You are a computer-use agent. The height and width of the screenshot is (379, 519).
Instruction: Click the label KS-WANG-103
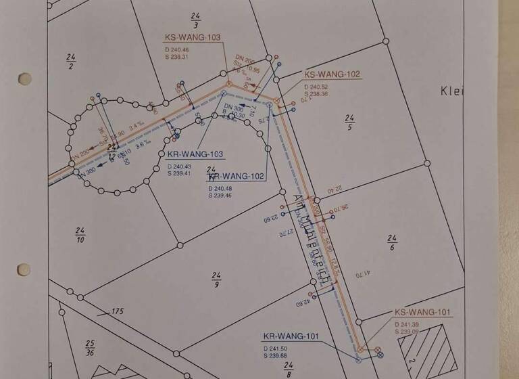tap(193, 37)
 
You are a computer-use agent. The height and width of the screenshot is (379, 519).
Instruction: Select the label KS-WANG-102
tap(332, 74)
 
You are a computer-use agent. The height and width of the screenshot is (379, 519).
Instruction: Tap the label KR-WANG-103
tap(195, 154)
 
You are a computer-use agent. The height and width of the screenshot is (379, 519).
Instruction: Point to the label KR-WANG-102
tap(236, 177)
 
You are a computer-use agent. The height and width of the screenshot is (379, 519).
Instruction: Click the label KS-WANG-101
tap(422, 313)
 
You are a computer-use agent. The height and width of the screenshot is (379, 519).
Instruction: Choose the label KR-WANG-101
tap(290, 336)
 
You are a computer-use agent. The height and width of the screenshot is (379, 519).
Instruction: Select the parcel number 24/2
tap(70, 61)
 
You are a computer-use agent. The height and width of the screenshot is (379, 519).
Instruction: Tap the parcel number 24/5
tap(349, 122)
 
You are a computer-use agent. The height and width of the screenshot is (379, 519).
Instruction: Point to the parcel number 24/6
tap(391, 242)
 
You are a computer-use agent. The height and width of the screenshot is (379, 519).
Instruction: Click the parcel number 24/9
tap(216, 280)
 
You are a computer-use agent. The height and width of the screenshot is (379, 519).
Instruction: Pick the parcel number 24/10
tap(80, 236)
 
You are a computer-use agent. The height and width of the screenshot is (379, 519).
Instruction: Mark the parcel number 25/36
tap(90, 348)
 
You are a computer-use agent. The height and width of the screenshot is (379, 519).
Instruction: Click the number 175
tap(118, 311)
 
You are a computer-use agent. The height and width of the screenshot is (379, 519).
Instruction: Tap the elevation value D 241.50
tap(278, 348)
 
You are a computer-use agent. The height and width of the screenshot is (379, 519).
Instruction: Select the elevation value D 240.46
tap(177, 49)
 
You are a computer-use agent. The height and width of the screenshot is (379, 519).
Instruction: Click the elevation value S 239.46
tap(222, 196)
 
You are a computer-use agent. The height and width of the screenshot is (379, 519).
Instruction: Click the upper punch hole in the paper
tap(24, 79)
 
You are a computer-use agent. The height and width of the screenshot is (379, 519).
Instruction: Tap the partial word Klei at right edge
tap(451, 91)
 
